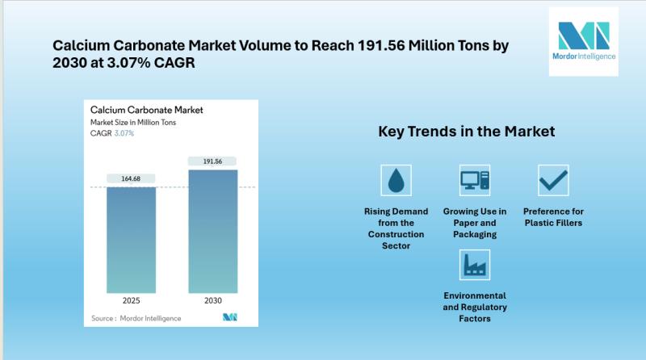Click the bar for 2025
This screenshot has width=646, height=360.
click(131, 241)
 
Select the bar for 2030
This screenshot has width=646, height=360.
click(213, 232)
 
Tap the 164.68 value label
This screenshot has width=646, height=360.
click(131, 178)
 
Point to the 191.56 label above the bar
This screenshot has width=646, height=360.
click(212, 161)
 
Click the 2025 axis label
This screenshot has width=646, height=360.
click(131, 301)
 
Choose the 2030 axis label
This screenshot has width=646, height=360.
click(213, 301)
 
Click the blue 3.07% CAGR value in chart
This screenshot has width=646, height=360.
click(124, 133)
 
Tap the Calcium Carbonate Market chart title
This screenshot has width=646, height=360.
click(147, 110)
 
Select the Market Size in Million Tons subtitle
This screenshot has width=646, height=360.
click(133, 123)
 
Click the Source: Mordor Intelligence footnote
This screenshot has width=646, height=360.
click(136, 318)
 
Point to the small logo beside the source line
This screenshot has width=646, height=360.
click(230, 316)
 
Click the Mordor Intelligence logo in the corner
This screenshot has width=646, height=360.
click(583, 41)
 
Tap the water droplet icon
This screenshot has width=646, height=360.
click(396, 181)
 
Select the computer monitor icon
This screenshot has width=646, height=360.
click(475, 181)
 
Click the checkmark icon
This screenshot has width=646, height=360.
click(553, 181)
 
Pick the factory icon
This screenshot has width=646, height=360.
click(475, 265)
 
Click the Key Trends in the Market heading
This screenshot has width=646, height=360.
click(467, 132)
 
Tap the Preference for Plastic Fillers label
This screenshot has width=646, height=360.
click(553, 217)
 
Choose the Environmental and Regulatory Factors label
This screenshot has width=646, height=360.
click(475, 307)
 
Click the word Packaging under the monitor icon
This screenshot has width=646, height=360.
click(475, 234)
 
